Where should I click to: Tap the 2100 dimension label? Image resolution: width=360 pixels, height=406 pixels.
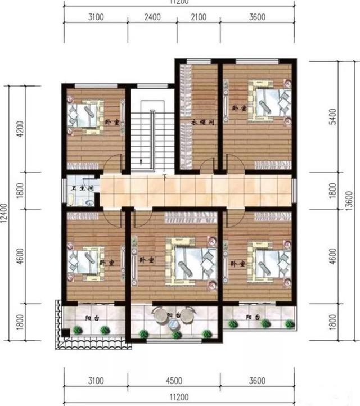click(x=198, y=17)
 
